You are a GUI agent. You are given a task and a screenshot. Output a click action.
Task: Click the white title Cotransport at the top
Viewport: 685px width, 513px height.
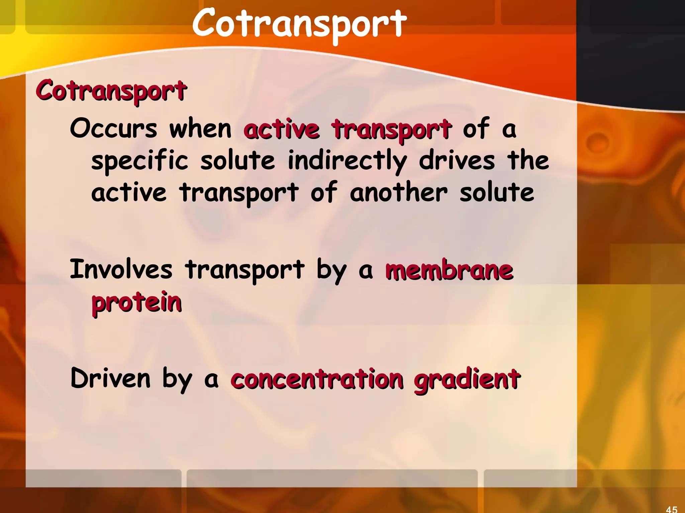click(299, 23)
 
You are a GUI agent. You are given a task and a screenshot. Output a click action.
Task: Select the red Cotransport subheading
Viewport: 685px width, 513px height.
click(111, 91)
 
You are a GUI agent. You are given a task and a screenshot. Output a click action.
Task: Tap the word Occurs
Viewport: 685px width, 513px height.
click(113, 129)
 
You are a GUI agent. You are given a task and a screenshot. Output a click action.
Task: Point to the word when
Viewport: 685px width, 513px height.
click(200, 129)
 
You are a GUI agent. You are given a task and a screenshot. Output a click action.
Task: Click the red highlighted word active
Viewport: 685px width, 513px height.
click(282, 129)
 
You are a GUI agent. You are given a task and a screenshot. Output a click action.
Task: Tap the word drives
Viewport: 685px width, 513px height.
click(457, 160)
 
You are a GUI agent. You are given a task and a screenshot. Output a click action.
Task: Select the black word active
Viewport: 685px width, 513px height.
click(129, 193)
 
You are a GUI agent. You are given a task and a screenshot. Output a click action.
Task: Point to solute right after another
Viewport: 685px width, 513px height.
click(497, 193)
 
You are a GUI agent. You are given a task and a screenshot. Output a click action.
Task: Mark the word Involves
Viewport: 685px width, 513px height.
click(121, 269)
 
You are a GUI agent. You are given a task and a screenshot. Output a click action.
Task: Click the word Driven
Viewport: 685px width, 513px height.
click(110, 378)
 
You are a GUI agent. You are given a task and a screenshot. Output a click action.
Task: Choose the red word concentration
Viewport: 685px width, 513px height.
click(317, 379)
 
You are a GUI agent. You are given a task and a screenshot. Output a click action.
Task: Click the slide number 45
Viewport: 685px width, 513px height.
click(672, 509)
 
